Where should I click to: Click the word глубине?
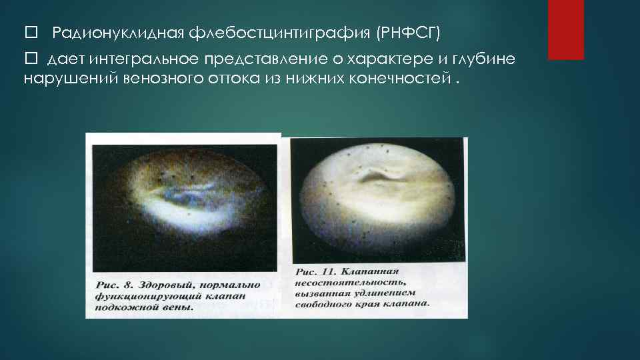pyautogui.click(x=483, y=60)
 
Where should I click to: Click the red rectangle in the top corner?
pyautogui.click(x=565, y=29)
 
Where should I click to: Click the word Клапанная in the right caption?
pyautogui.click(x=370, y=272)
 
